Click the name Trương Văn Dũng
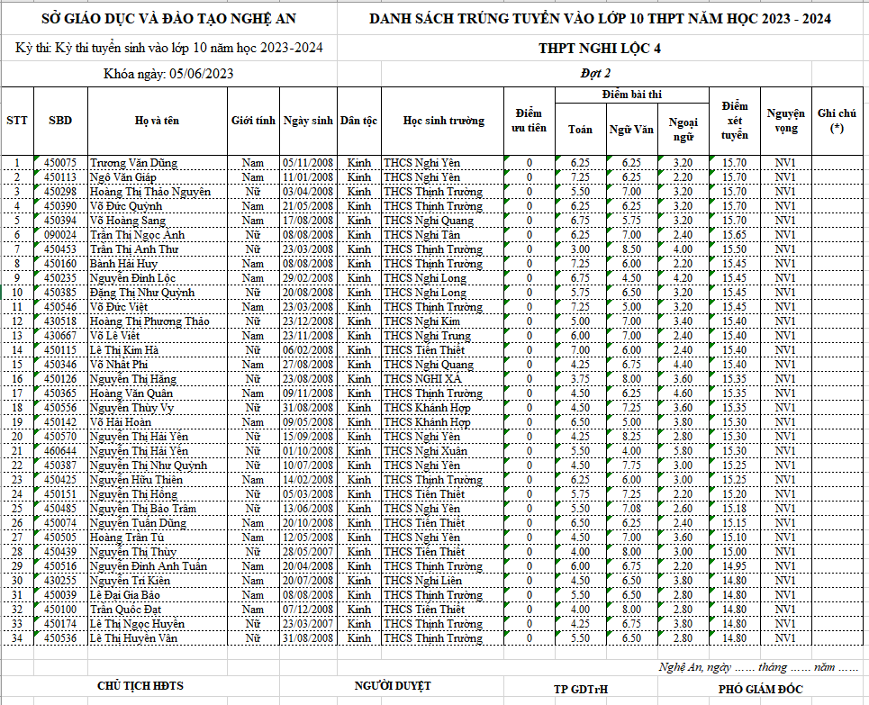pyautogui.click(x=133, y=163)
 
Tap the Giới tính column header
pyautogui.click(x=253, y=121)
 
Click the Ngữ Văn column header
pyautogui.click(x=631, y=129)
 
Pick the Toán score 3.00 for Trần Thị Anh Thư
pyautogui.click(x=580, y=249)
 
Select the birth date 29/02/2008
pyautogui.click(x=308, y=278)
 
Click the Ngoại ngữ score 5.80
pyautogui.click(x=683, y=451)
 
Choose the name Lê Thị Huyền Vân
pyautogui.click(x=133, y=638)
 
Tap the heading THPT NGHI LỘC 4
pyautogui.click(x=600, y=49)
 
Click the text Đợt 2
pyautogui.click(x=595, y=74)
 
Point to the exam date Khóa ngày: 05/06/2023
pyautogui.click(x=168, y=74)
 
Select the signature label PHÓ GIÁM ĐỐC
pyautogui.click(x=760, y=689)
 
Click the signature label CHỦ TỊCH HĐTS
pyautogui.click(x=140, y=685)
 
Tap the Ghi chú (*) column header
pyautogui.click(x=837, y=121)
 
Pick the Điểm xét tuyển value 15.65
pyautogui.click(x=735, y=235)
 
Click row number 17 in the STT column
pyautogui.click(x=17, y=393)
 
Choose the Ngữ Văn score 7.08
pyautogui.click(x=631, y=509)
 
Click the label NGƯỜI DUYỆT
pyautogui.click(x=393, y=685)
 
